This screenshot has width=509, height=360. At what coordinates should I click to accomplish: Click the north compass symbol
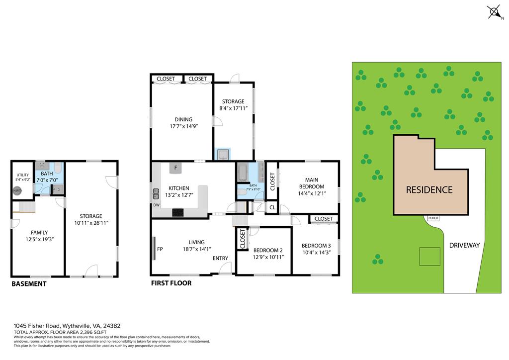[x=494, y=11]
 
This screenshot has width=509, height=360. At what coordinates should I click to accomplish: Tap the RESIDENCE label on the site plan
[x=429, y=189]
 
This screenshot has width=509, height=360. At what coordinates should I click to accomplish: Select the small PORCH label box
[x=432, y=218]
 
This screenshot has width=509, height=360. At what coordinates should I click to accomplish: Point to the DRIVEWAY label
[x=464, y=245]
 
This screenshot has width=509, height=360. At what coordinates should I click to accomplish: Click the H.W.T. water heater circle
[x=17, y=190]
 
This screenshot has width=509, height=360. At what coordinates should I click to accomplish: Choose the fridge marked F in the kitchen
[x=175, y=168]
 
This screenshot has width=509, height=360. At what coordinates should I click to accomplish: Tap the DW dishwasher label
[x=157, y=205]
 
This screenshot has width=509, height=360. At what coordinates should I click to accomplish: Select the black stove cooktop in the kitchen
[x=178, y=212]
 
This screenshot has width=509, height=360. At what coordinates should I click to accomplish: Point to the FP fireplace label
[x=160, y=249]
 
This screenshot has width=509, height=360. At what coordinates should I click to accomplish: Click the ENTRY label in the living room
[x=220, y=258]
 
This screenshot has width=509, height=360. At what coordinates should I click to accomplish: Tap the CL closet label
[x=272, y=207]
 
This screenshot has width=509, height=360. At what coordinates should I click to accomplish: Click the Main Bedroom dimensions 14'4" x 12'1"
[x=311, y=193]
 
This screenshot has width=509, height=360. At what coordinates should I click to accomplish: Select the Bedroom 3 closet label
[x=324, y=219]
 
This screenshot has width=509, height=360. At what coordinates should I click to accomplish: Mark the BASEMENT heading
[x=29, y=284]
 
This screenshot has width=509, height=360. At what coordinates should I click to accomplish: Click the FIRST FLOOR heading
[x=171, y=283]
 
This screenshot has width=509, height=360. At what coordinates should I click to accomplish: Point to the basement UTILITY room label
[x=23, y=175]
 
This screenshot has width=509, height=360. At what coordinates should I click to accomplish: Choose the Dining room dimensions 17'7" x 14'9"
[x=183, y=126]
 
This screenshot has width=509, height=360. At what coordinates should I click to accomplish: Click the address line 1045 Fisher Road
[x=67, y=326]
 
